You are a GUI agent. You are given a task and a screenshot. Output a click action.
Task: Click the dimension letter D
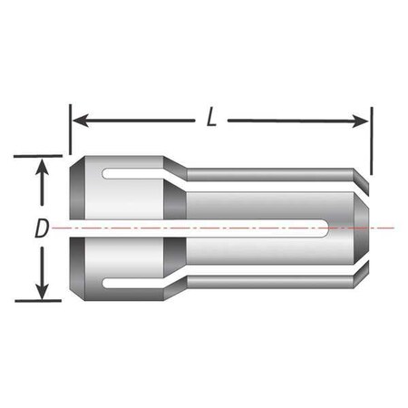click(x=41, y=229)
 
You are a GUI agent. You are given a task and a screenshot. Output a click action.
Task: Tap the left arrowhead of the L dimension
click(x=78, y=120)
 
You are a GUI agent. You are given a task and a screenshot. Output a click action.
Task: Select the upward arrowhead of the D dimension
click(x=42, y=165)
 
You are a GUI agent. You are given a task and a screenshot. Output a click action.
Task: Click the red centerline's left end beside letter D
click(x=56, y=228)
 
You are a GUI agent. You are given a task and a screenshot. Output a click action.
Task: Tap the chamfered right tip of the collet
click(x=364, y=228)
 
